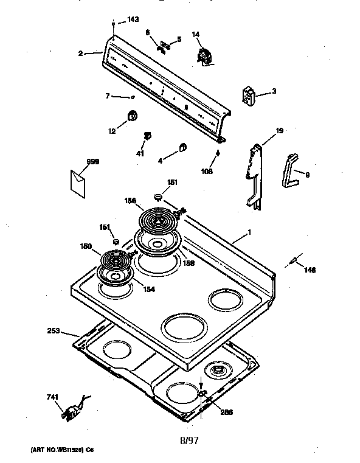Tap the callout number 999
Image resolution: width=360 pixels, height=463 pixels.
[x=75, y=161]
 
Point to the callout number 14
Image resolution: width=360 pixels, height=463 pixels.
[x=196, y=34]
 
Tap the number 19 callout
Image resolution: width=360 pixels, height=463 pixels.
[x=279, y=130]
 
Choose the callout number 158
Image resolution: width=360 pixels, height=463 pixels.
[x=189, y=263]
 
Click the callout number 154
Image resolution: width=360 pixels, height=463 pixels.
[x=148, y=289]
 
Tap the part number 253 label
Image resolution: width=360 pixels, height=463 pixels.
[x=54, y=331]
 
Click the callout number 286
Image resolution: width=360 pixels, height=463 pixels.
[x=226, y=412]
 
